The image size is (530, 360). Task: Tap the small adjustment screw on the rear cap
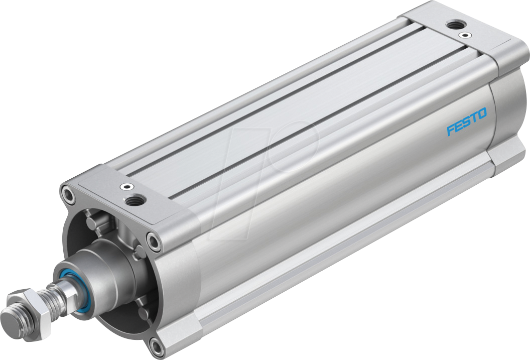tap(467, 35)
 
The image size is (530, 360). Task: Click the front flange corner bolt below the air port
tap(154, 242)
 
